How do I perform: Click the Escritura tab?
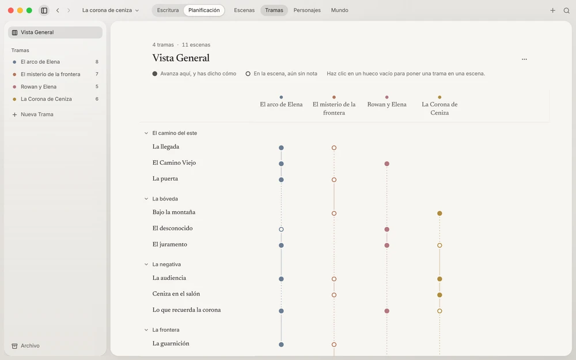pyautogui.click(x=168, y=10)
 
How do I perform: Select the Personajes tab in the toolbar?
pyautogui.click(x=307, y=10)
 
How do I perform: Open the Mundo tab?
pyautogui.click(x=339, y=10)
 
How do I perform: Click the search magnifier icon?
pyautogui.click(x=566, y=10)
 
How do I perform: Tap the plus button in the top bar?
pyautogui.click(x=552, y=10)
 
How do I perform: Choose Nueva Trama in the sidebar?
pyautogui.click(x=37, y=114)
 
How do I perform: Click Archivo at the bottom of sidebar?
pyautogui.click(x=30, y=346)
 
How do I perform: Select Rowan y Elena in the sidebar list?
pyautogui.click(x=39, y=87)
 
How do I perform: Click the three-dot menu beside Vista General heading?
pyautogui.click(x=524, y=59)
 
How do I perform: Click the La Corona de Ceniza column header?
pyautogui.click(x=439, y=108)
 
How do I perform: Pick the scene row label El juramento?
pyautogui.click(x=170, y=244)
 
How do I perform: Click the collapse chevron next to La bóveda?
pyautogui.click(x=146, y=199)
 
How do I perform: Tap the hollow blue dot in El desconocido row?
pyautogui.click(x=282, y=229)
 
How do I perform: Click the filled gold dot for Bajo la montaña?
pyautogui.click(x=439, y=214)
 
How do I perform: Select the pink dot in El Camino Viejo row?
pyautogui.click(x=387, y=164)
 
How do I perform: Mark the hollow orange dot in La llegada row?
pyautogui.click(x=334, y=147)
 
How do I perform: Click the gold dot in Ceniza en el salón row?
pyautogui.click(x=439, y=295)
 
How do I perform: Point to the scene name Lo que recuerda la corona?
pyautogui.click(x=187, y=310)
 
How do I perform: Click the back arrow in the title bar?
pyautogui.click(x=58, y=10)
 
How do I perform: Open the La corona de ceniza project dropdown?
pyautogui.click(x=110, y=10)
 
